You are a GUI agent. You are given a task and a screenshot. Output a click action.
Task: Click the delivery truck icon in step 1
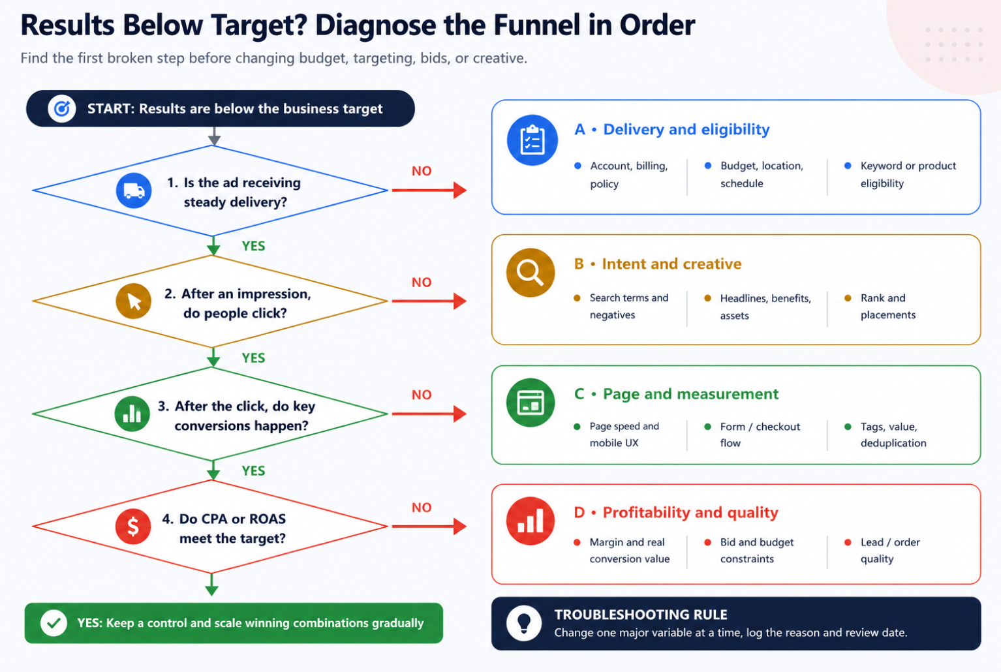(x=134, y=191)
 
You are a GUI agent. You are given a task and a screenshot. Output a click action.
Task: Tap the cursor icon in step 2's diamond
(x=133, y=301)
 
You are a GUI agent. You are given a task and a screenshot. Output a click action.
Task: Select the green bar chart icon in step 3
(x=132, y=414)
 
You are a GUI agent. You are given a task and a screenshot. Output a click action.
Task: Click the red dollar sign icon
(x=132, y=527)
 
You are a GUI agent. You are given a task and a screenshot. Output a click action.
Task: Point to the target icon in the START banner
(x=62, y=108)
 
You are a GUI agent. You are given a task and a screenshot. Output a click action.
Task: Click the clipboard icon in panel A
(x=532, y=140)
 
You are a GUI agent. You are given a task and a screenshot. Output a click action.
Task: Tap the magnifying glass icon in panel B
(x=531, y=273)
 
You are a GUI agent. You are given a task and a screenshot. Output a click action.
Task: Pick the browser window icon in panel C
(x=531, y=403)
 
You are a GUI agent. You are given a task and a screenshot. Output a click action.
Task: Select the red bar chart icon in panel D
(x=531, y=521)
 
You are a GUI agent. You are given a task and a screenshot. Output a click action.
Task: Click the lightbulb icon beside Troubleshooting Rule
(x=524, y=623)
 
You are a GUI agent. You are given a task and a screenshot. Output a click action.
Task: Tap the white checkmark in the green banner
(x=54, y=623)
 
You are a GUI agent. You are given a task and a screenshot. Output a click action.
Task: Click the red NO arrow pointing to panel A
(x=429, y=191)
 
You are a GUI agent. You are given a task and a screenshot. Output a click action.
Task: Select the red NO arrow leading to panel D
(x=429, y=527)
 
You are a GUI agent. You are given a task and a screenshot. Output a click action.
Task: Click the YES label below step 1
(x=253, y=246)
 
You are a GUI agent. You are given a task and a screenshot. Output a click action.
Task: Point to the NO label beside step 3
(x=422, y=395)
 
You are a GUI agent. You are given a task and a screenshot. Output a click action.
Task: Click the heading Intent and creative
(x=671, y=264)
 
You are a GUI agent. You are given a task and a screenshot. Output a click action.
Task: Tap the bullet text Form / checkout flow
(x=760, y=435)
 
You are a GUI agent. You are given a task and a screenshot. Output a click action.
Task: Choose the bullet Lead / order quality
(x=890, y=551)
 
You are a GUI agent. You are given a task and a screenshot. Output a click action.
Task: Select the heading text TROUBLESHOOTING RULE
(x=641, y=615)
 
